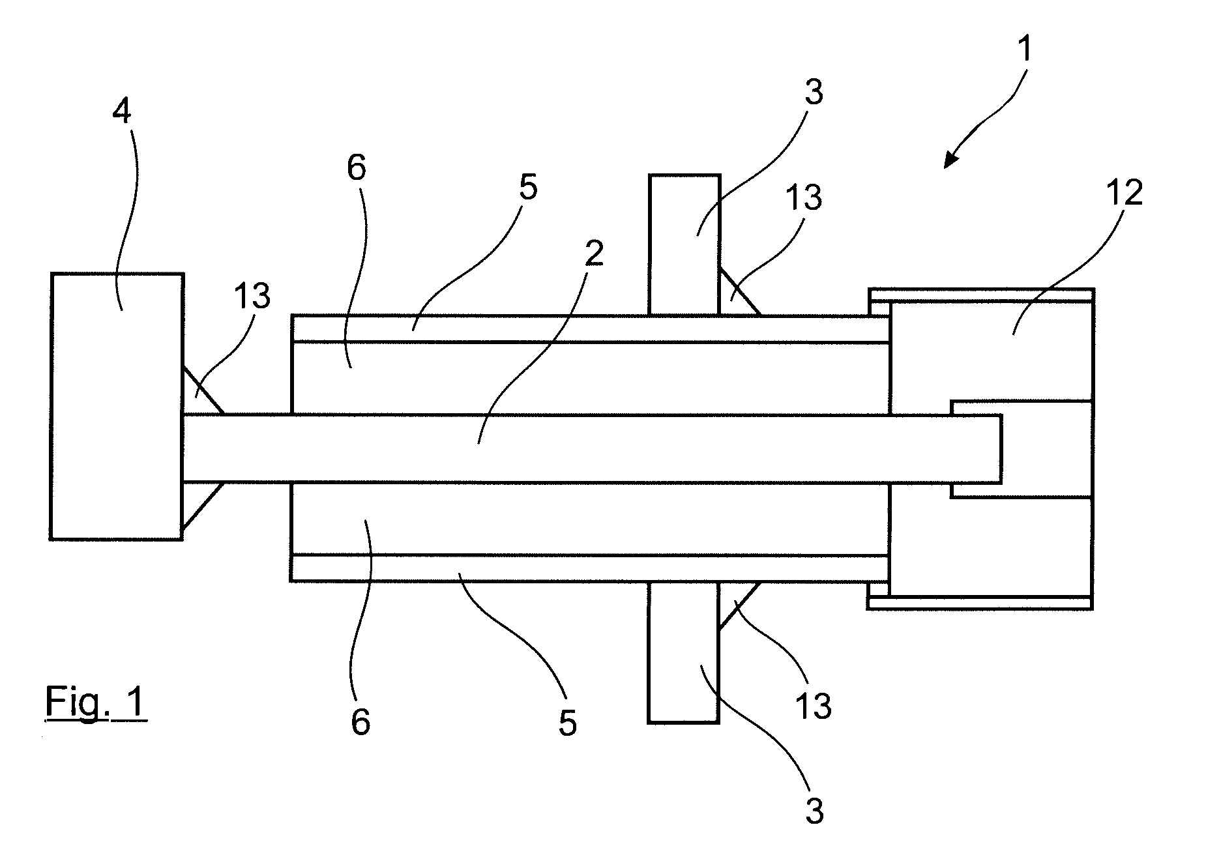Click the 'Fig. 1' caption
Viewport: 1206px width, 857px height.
[96, 704]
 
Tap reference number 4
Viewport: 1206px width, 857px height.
[122, 112]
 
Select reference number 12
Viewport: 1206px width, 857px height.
[1124, 193]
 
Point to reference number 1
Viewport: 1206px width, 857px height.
[1025, 50]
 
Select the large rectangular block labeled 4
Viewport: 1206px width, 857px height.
[117, 406]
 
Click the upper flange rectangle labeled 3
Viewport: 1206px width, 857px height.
[684, 245]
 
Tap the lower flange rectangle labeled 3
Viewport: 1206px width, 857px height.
[684, 652]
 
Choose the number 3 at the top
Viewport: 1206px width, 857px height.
[814, 93]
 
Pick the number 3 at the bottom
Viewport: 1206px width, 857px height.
[815, 811]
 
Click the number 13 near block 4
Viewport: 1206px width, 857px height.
[252, 297]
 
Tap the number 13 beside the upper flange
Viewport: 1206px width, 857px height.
[803, 197]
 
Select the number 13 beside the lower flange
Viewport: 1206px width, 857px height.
[814, 706]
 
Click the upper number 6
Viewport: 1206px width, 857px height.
[357, 168]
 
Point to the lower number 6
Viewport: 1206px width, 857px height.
[360, 722]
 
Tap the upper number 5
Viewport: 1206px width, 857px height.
[528, 188]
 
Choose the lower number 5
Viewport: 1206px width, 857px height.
[568, 723]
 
